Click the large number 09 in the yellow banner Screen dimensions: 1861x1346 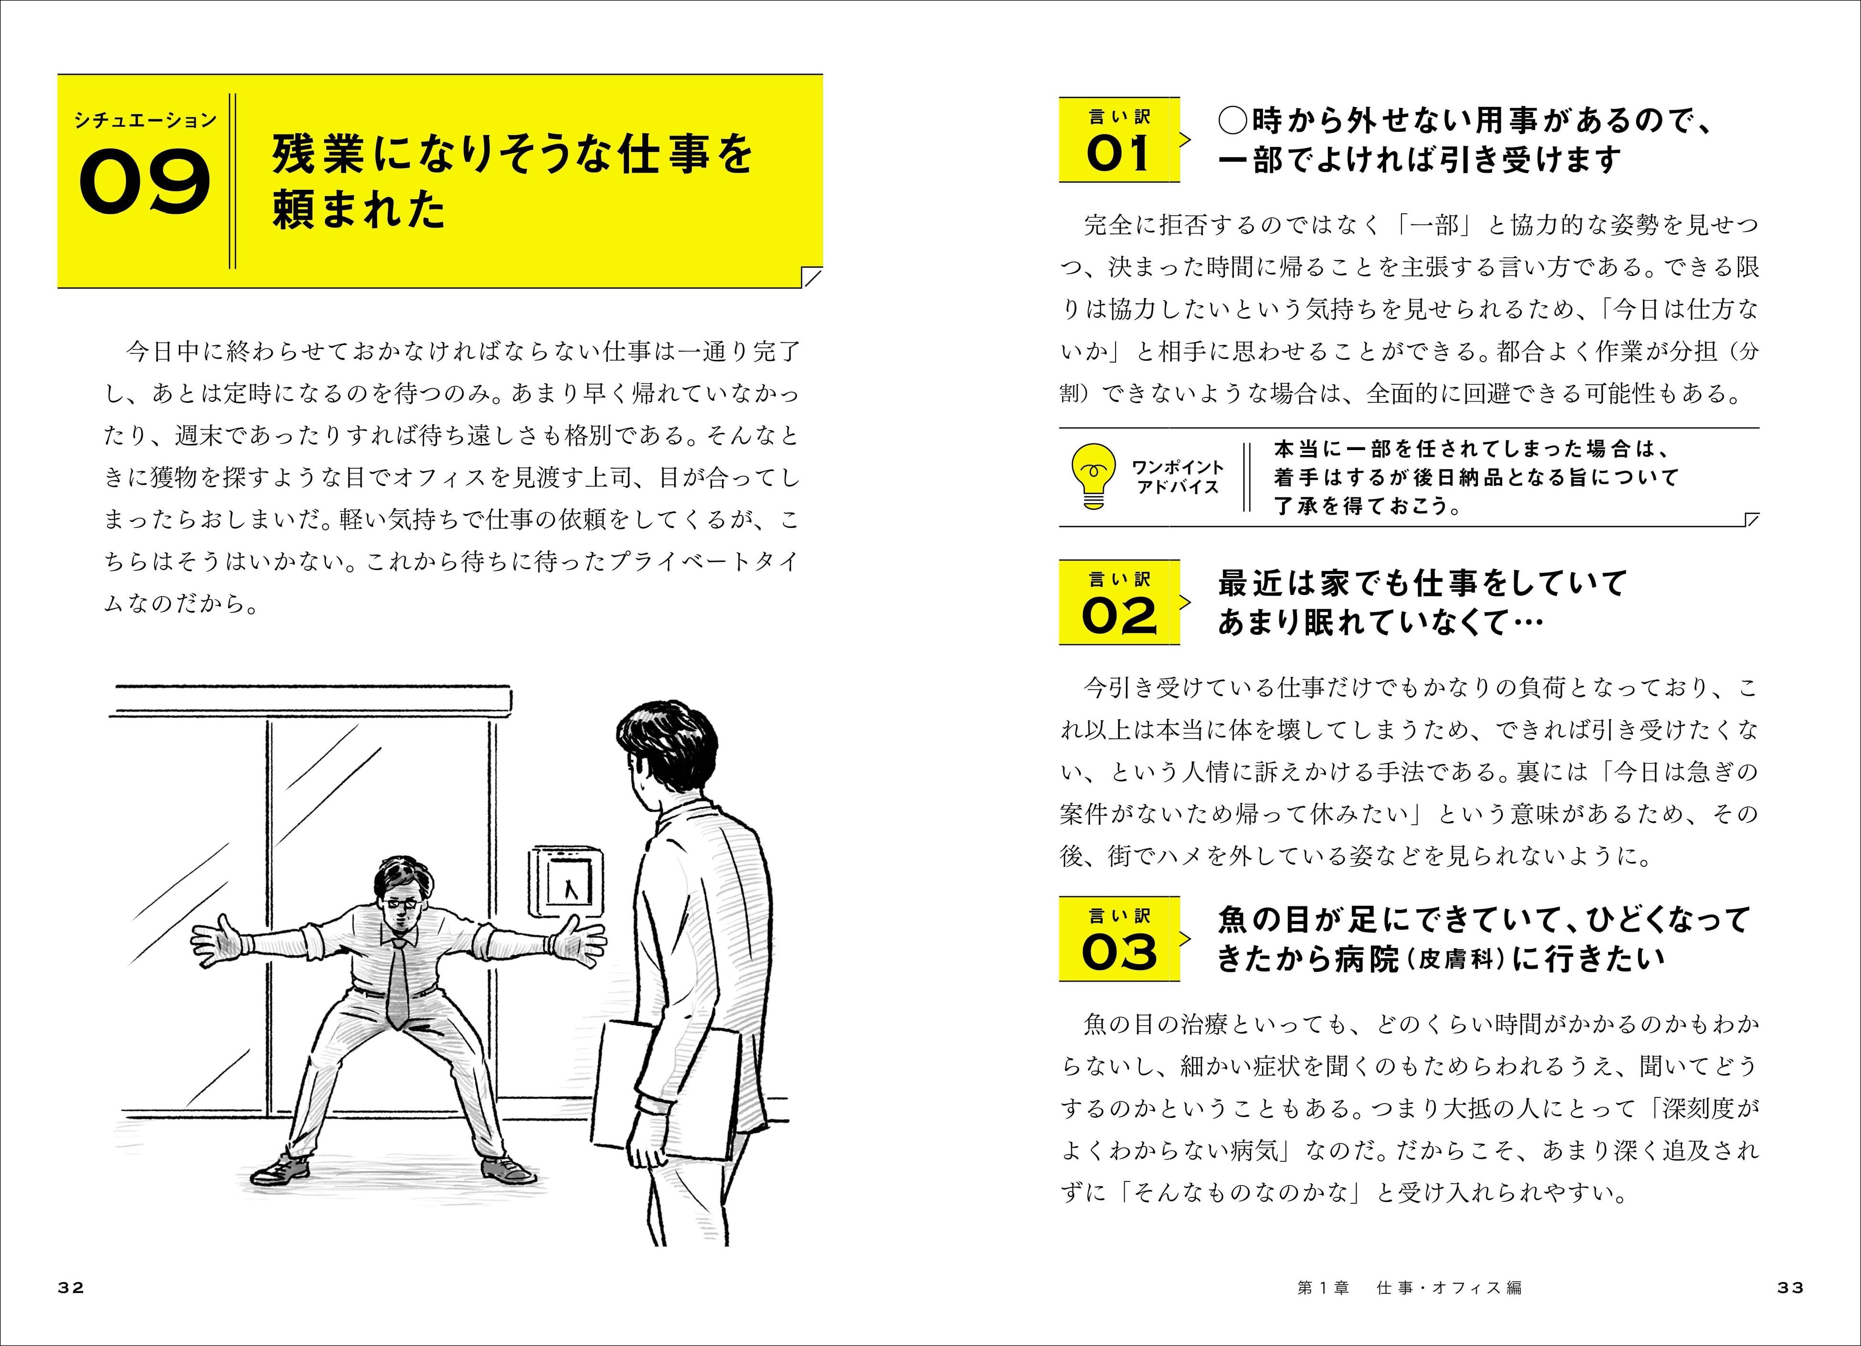tap(145, 181)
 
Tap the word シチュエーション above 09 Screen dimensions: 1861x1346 tap(145, 120)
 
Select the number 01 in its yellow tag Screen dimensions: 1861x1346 tap(1119, 154)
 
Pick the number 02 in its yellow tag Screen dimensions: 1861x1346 tap(1119, 616)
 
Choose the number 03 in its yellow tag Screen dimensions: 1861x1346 tap(1119, 952)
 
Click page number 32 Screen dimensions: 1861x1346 tap(72, 1288)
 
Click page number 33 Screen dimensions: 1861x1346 tap(1790, 1288)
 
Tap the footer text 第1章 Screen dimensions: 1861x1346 tap(1323, 1288)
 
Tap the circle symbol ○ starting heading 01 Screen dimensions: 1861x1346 tap(1234, 121)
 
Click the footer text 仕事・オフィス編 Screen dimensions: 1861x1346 tap(1449, 1288)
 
